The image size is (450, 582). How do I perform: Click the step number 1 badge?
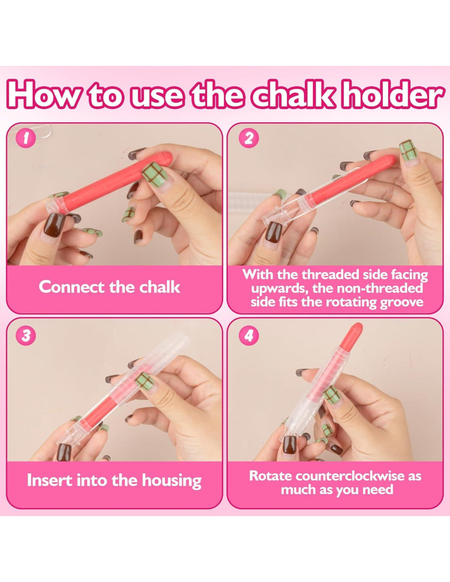point(25,140)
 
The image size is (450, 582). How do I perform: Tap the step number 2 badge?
point(249,139)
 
